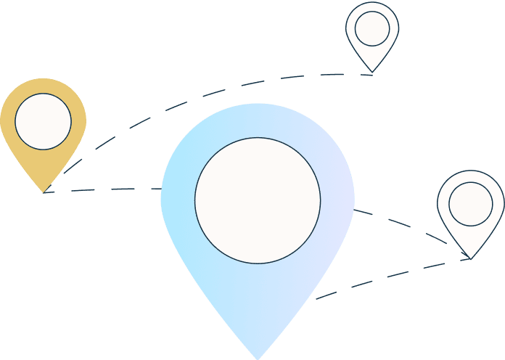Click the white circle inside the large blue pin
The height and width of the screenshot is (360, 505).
pos(258,200)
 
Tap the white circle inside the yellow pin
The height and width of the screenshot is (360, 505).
pos(43,121)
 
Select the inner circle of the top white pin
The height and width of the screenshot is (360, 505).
pos(372,28)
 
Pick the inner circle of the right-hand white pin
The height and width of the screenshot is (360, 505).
pos(470,203)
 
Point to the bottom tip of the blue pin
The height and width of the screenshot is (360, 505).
pos(258,358)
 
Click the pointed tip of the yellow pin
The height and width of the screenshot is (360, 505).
pos(44,192)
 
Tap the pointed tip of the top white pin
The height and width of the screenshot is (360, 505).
pos(372,71)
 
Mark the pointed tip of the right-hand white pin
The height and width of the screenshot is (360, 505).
pos(470,258)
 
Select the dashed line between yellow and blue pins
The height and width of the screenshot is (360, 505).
pos(109,189)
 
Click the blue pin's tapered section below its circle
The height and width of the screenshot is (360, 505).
pos(258,305)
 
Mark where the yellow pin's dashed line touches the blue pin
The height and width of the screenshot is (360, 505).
pos(161,188)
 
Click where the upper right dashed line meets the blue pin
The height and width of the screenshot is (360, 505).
pos(354,210)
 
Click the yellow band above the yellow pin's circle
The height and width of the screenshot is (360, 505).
pos(43,85)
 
